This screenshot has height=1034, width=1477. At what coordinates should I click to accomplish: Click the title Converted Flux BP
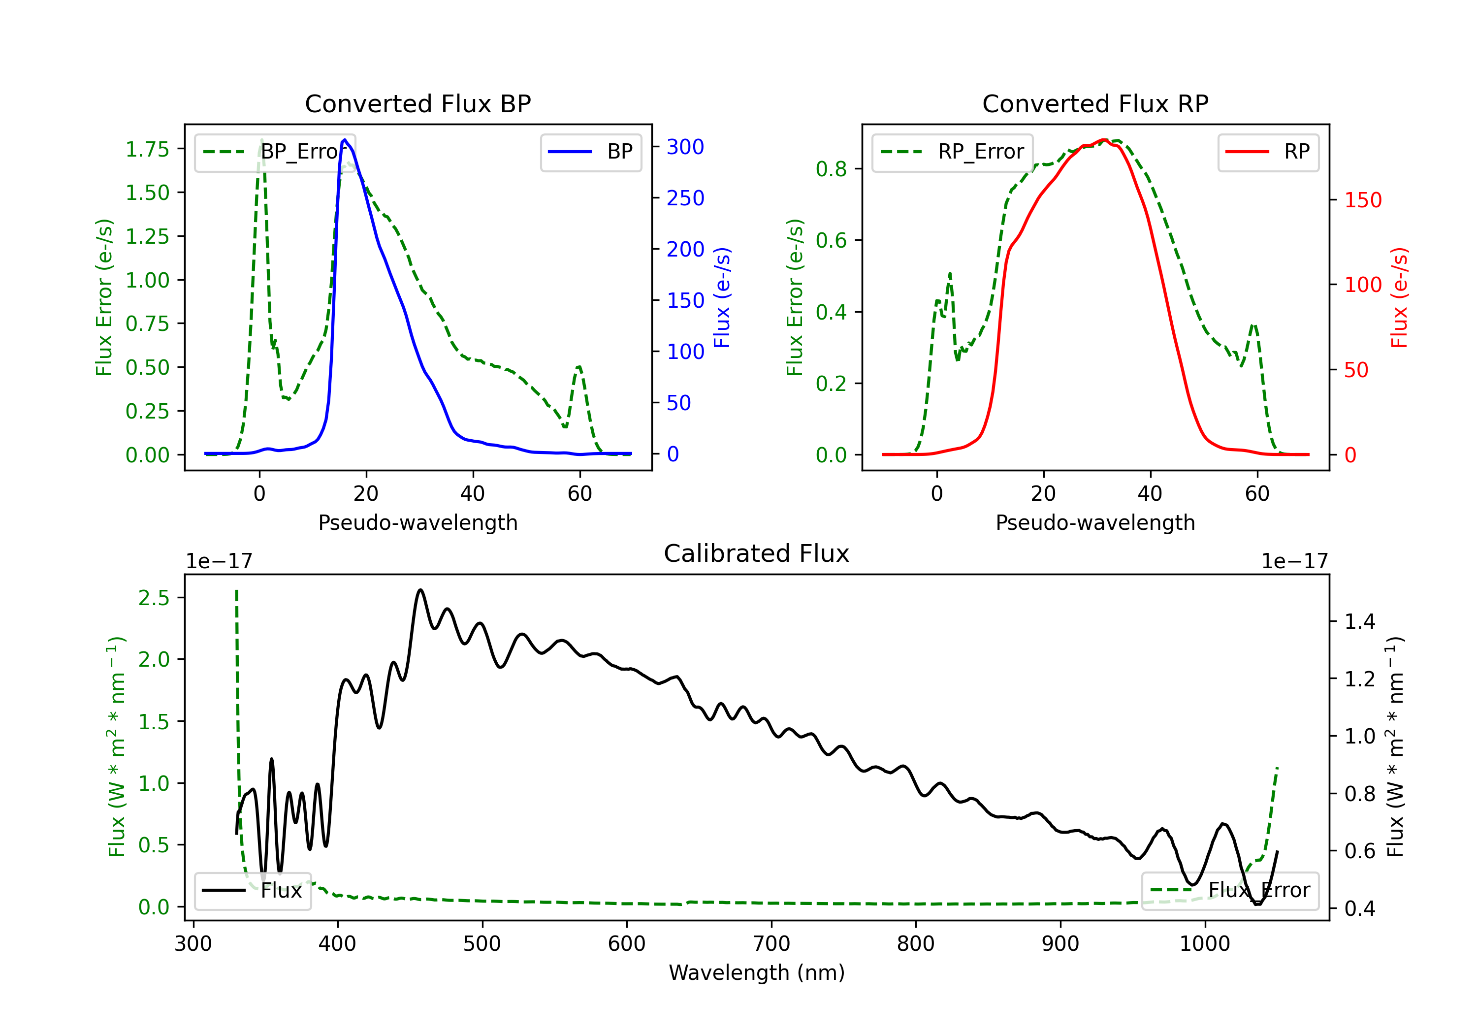(417, 103)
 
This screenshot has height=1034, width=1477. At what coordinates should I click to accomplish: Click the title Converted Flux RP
(1095, 103)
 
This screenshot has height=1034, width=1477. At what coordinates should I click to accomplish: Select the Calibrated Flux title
(757, 553)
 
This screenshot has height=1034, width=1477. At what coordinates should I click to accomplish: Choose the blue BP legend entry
(590, 152)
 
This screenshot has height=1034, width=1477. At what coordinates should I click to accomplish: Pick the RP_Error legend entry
(952, 152)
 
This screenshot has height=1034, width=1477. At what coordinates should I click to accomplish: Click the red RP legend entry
(1268, 152)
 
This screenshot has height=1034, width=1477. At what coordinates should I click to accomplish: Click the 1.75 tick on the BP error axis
(147, 149)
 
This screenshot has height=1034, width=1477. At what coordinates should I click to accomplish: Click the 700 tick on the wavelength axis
(771, 944)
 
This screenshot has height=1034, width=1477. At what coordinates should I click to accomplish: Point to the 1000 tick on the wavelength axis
(1205, 944)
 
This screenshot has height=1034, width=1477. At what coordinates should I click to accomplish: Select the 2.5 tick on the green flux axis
(154, 598)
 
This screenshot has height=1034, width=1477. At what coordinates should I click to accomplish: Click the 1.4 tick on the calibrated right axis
(1360, 621)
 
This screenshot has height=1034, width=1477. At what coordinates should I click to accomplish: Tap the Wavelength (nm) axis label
(757, 973)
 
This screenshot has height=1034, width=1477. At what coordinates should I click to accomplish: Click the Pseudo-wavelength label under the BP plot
(417, 522)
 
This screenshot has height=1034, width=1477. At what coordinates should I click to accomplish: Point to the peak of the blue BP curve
(345, 140)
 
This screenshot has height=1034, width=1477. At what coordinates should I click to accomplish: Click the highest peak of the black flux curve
(421, 590)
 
